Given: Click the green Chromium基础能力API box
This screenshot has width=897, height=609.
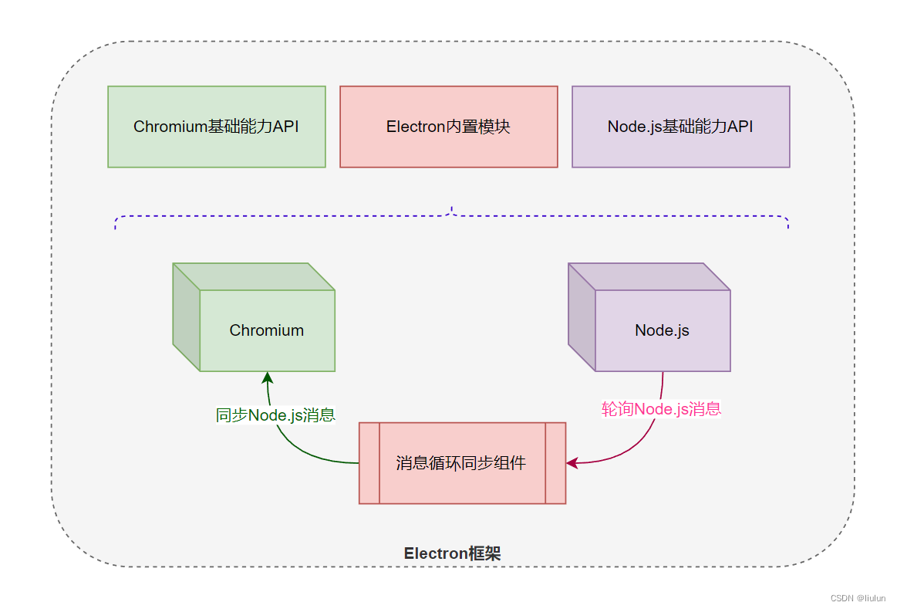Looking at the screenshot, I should tap(216, 127).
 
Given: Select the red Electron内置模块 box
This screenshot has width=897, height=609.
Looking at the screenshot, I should tap(448, 127).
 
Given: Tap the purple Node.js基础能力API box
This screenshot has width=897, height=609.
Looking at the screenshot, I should tap(680, 127).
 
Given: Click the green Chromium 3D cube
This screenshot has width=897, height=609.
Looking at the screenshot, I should tap(266, 330).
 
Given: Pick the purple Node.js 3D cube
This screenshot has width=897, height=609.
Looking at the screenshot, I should tap(661, 330).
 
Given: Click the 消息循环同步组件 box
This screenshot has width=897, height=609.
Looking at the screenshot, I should tap(462, 463).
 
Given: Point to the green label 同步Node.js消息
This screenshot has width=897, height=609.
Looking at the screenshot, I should tap(275, 415).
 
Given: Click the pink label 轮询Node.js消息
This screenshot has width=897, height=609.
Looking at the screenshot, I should tap(661, 409).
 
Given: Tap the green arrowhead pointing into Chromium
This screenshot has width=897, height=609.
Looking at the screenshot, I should tap(268, 377).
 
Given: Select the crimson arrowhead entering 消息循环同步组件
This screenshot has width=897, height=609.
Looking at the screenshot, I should tap(572, 463).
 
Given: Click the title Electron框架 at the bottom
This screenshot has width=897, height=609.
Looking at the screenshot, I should tap(453, 553).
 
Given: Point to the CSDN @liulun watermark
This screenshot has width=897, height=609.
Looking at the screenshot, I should tap(858, 598).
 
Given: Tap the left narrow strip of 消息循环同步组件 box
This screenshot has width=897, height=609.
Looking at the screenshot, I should tap(369, 463).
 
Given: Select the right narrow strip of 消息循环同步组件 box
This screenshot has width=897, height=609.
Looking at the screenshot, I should tap(555, 463).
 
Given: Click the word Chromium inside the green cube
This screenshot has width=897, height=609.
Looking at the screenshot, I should tap(266, 330).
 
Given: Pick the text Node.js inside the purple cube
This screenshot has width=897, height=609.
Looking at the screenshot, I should tap(662, 330).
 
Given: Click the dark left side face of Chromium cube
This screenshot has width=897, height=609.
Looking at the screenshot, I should tap(186, 316).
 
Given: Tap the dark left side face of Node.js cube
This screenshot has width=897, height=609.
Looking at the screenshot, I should tap(582, 316).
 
